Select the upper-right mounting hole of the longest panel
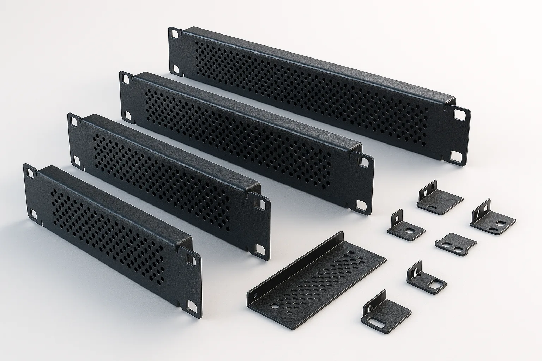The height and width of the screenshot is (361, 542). point(460,114)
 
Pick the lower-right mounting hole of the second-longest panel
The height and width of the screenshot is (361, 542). point(362,205)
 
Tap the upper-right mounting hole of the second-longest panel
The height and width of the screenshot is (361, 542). point(363,162)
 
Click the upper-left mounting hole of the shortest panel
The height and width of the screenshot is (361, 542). point(30,173)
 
